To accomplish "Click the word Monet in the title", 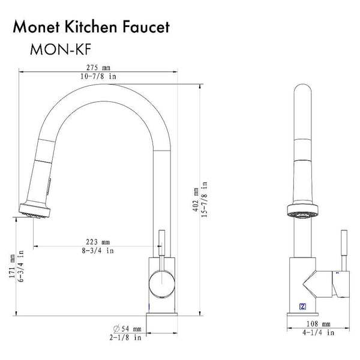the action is tap(37, 27).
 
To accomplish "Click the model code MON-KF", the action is tap(61, 49).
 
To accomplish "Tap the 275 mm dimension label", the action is tap(98, 68).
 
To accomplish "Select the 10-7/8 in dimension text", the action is tap(98, 76).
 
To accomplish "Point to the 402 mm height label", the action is tap(196, 200).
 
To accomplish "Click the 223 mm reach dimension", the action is tap(98, 242).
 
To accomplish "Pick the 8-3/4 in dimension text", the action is tap(98, 250).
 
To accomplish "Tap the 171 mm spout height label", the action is tap(12, 266).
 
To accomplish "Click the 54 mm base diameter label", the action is tap(131, 329).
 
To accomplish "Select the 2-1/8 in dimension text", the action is tap(125, 337).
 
